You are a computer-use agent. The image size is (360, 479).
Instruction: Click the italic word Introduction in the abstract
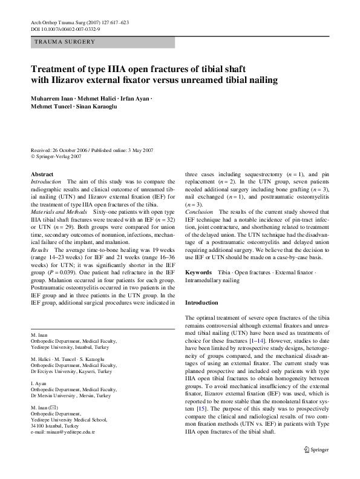[45, 182]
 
